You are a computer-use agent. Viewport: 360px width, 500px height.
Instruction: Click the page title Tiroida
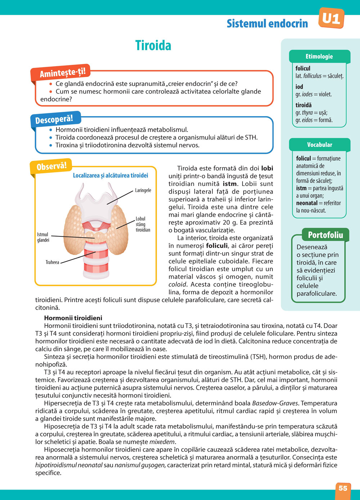(x=153, y=46)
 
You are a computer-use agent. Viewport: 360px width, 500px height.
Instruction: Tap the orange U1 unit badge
(x=331, y=18)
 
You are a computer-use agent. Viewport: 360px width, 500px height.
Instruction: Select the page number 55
(x=343, y=488)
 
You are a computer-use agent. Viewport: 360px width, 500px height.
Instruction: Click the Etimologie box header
(x=319, y=56)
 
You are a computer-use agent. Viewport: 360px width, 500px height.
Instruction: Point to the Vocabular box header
(x=319, y=145)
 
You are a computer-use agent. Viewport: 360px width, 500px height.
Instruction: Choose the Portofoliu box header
(x=325, y=235)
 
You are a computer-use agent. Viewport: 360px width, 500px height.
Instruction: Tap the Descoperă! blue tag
(x=54, y=119)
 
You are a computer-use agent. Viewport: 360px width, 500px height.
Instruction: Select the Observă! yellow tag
(x=51, y=166)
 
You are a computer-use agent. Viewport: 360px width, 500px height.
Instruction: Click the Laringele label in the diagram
(x=143, y=190)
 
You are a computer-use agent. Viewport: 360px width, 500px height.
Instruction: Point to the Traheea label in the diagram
(x=52, y=262)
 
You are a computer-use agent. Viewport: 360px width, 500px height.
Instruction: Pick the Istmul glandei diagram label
(x=43, y=237)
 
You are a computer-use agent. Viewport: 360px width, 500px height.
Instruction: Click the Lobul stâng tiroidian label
(x=143, y=224)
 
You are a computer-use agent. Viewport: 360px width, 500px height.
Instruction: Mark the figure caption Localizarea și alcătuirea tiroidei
(x=111, y=176)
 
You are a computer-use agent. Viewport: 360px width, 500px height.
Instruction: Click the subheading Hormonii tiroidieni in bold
(x=73, y=318)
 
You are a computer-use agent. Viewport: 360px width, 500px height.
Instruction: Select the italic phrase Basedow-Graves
(x=275, y=403)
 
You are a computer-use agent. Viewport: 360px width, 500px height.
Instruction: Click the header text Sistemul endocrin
(x=267, y=24)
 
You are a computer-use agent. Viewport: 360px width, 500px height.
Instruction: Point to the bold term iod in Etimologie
(x=299, y=87)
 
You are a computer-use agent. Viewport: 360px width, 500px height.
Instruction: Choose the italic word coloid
(x=177, y=285)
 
